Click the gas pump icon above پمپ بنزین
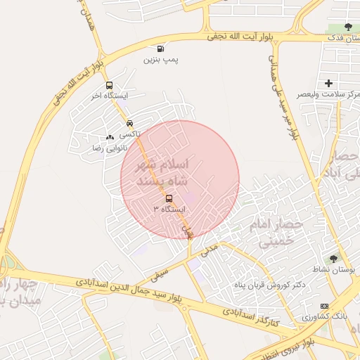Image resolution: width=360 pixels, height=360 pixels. coord(161,49)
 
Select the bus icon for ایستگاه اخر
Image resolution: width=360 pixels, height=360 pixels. coord(108,86)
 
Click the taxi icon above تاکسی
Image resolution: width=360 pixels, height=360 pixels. coord(129,123)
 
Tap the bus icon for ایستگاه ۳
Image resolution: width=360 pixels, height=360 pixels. coord(167,199)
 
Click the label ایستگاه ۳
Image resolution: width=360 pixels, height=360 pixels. coord(168,210)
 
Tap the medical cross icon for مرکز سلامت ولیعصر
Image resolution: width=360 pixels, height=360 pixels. coord(328,84)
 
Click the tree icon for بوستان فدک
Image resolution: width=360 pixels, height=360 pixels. coord(348,27)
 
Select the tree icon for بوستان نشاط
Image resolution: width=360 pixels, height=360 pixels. coord(333,259)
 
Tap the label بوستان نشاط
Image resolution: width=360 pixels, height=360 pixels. coord(337,270)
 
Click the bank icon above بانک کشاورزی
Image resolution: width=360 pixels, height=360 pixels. coord(323,306)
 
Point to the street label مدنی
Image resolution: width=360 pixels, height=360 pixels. coord(209,248)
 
